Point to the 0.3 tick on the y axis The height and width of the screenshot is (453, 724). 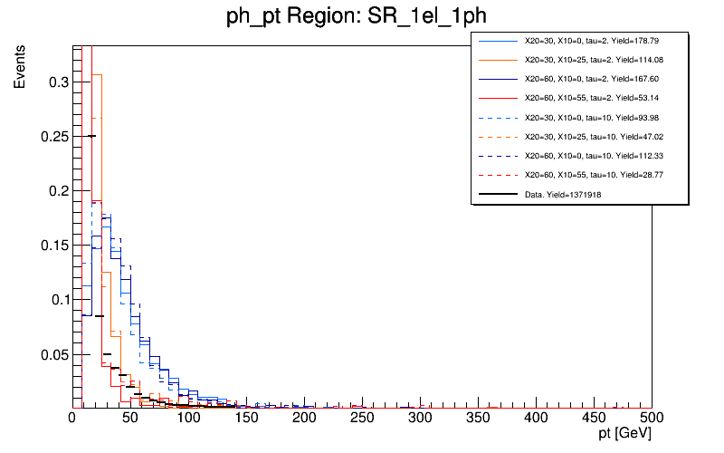click(56, 82)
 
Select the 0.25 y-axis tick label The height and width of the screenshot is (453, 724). click(52, 137)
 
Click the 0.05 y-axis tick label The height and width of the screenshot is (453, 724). click(52, 354)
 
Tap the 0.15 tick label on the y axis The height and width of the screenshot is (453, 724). click(52, 246)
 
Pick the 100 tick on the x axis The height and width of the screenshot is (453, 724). click(188, 418)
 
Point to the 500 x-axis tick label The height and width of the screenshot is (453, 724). click(652, 418)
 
